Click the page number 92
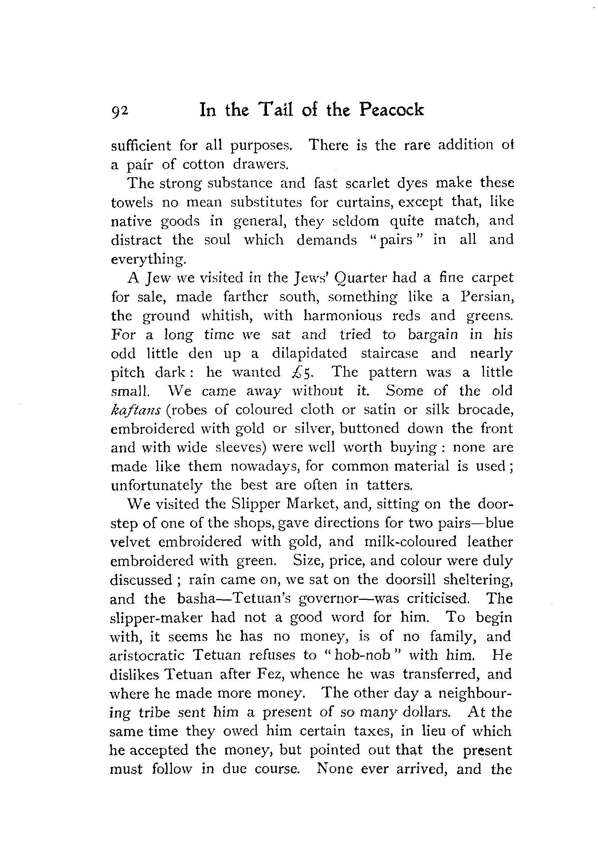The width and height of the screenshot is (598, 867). pyautogui.click(x=119, y=111)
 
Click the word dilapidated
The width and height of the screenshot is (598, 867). pyautogui.click(x=310, y=353)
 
